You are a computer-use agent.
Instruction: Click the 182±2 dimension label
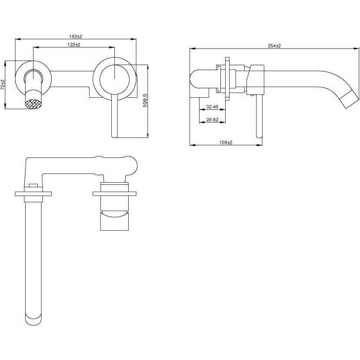coord(76,37)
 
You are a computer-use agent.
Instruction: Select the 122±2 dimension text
coord(74,45)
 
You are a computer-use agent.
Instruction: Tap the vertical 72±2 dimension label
coord(3,84)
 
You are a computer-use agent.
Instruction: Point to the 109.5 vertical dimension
coord(145,100)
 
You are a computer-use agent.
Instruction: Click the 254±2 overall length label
coord(274,46)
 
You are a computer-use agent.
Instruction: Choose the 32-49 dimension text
coord(212,107)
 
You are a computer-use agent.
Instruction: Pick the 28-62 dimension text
coord(212,120)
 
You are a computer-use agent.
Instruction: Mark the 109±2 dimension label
coord(226,142)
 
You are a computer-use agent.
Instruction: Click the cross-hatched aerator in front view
coord(33,102)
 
